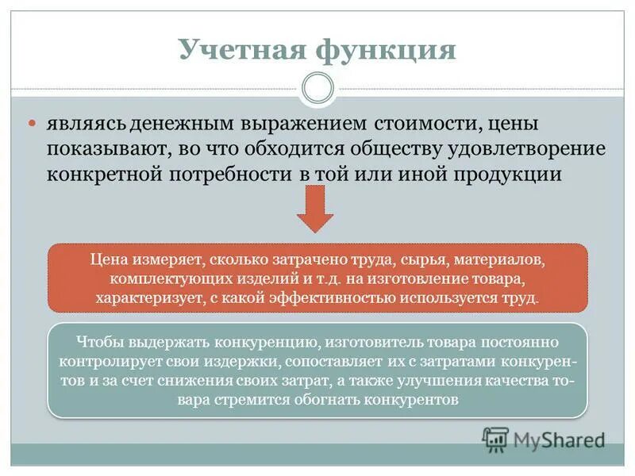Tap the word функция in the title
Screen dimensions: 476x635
[x=387, y=49]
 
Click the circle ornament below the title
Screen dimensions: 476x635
[x=317, y=88]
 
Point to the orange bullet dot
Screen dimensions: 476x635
[x=33, y=125]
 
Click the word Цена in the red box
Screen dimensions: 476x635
[x=107, y=259]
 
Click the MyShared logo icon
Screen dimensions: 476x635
[x=495, y=438]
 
